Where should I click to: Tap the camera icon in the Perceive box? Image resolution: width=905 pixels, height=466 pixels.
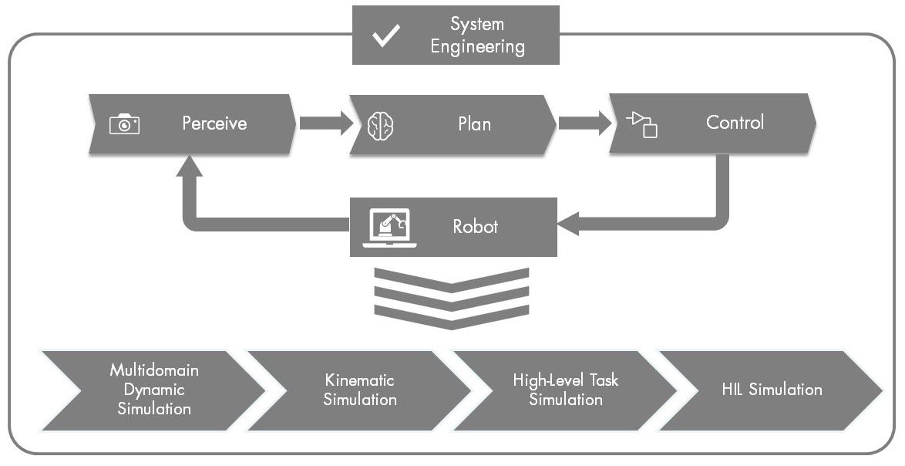click(124, 123)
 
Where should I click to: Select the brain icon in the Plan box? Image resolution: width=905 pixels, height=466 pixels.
click(380, 124)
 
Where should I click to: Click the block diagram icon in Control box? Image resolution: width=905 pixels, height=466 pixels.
click(641, 123)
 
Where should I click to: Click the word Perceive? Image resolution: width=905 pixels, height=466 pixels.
click(214, 123)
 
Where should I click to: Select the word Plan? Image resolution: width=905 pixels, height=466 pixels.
click(474, 124)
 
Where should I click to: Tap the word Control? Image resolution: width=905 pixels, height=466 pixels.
click(735, 123)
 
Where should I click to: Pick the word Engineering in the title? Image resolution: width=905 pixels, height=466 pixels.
click(477, 46)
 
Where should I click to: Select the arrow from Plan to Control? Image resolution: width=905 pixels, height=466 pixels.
click(582, 123)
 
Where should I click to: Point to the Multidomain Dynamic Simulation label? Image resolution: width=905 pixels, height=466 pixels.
click(154, 390)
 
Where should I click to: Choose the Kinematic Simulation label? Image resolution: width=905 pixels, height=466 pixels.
click(360, 390)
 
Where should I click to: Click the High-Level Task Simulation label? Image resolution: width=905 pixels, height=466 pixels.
click(565, 390)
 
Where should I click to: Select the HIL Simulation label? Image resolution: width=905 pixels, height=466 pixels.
click(772, 390)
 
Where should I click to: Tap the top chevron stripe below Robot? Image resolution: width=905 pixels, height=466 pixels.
click(452, 279)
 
